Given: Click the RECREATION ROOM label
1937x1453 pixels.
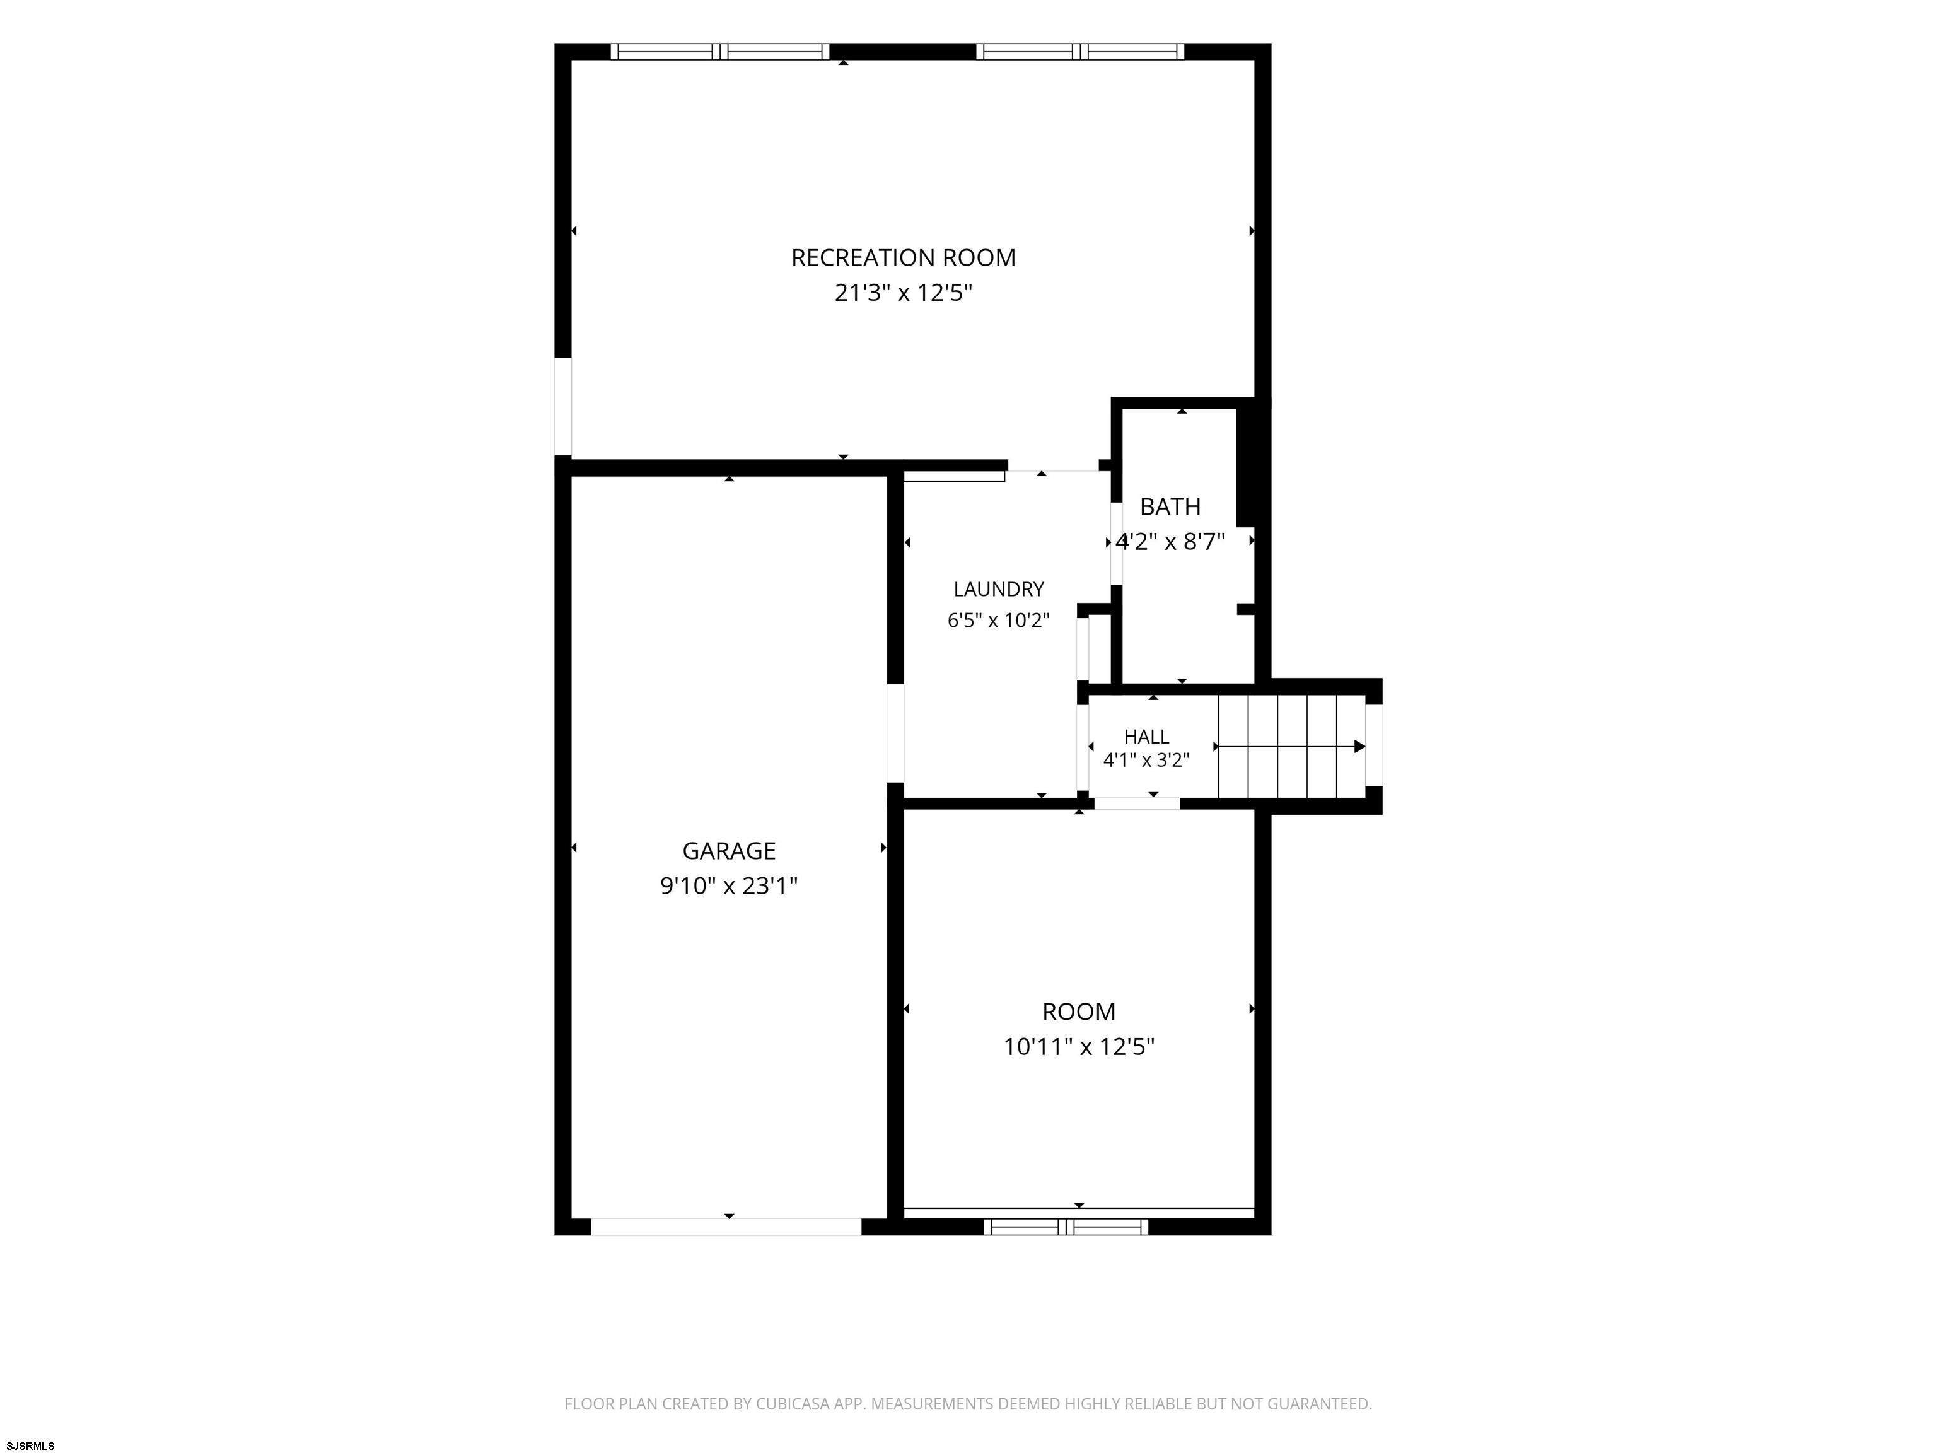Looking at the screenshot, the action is click(x=903, y=257).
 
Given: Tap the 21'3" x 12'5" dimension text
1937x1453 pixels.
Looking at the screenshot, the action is click(x=903, y=293).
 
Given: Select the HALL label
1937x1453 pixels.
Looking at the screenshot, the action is click(x=1146, y=737).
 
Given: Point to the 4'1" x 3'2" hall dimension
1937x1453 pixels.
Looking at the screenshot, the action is click(x=1146, y=760).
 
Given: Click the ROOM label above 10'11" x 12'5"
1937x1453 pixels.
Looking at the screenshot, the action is click(x=1079, y=1012).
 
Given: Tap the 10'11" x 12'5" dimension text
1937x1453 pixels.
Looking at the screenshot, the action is click(x=1079, y=1047).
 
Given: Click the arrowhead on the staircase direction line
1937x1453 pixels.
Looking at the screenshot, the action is click(x=1360, y=746).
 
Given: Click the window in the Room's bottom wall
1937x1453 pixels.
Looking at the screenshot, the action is click(x=1066, y=1227).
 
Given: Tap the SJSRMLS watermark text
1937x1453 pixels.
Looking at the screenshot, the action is click(x=31, y=1445).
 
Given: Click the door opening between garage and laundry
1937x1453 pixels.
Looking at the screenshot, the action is click(x=895, y=733).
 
